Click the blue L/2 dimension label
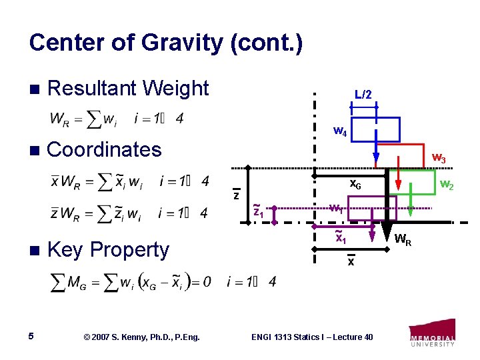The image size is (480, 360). coord(363,95)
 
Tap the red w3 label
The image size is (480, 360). coord(439,158)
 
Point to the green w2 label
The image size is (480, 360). coord(446,185)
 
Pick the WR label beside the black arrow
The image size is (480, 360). coord(403,239)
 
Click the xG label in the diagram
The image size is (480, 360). coord(356,185)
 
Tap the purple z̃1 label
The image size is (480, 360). coord(259,211)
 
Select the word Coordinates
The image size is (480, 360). coord(105,149)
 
